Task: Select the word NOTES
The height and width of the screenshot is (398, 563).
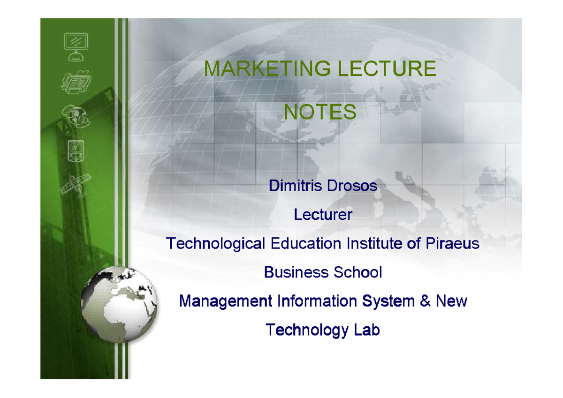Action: point(320,113)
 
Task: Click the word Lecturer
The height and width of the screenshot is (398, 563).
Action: point(323,215)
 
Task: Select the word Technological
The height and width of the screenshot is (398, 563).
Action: point(216,244)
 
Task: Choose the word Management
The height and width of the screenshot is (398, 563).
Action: point(226,301)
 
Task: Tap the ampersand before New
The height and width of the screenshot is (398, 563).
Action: point(425,301)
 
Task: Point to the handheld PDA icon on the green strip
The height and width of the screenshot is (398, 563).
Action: point(75,150)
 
